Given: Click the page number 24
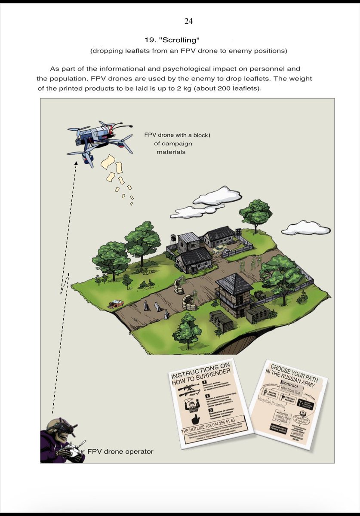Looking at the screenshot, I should pyautogui.click(x=188, y=21).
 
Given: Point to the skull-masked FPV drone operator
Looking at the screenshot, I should pyautogui.click(x=62, y=441).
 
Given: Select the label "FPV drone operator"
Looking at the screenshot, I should pyautogui.click(x=120, y=451).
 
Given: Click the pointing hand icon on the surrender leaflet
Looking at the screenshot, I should pyautogui.click(x=196, y=419).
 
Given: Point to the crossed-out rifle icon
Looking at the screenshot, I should pyautogui.click(x=188, y=389).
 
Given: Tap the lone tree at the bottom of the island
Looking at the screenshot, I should pyautogui.click(x=188, y=329).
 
